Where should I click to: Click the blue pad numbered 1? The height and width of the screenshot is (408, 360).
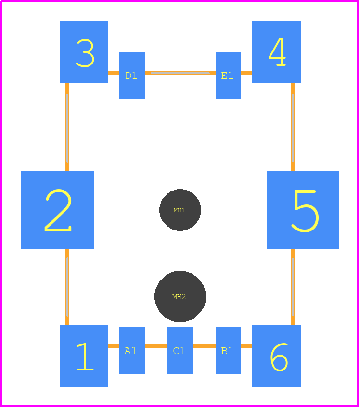[x=84, y=356]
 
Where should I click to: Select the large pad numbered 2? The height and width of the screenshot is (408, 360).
[x=58, y=210]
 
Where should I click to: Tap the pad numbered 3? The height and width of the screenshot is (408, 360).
[x=84, y=52]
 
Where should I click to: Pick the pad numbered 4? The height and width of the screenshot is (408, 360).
[x=276, y=52]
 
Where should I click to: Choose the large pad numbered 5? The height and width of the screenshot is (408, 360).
[x=303, y=210]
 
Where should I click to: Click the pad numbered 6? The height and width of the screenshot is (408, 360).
[x=276, y=356]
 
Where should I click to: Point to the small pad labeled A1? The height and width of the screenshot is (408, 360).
[x=132, y=350]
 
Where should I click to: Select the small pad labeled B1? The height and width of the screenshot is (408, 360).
[x=228, y=350]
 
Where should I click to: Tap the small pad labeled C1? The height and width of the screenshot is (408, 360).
[x=180, y=350]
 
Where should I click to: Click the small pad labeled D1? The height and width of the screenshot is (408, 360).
[x=132, y=75]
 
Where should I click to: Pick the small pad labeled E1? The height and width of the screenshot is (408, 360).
[x=228, y=75]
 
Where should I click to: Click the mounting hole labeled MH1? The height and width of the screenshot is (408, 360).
[x=180, y=210]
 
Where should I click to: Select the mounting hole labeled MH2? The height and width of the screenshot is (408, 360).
[x=180, y=297]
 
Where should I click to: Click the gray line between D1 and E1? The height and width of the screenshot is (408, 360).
[x=180, y=73]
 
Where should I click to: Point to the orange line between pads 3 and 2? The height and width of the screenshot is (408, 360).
[x=67, y=127]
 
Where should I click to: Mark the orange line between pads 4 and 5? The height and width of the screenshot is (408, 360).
[x=293, y=127]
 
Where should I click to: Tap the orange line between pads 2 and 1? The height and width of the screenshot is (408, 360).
[x=67, y=287]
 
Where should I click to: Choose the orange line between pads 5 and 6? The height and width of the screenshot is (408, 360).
[x=293, y=287]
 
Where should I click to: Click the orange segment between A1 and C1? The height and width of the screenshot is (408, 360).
[x=156, y=346]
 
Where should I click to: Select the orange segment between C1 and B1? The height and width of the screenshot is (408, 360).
[x=205, y=346]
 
